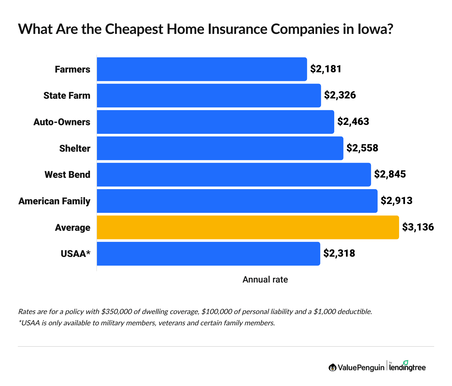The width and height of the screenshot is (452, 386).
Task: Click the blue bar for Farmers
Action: click(x=202, y=69)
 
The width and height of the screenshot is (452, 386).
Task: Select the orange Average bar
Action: click(x=248, y=227)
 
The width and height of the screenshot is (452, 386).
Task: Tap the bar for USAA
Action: click(x=208, y=254)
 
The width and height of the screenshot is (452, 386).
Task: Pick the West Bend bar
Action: click(x=234, y=175)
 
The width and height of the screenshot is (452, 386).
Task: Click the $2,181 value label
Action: click(x=326, y=69)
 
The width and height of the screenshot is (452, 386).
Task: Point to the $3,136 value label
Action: click(x=418, y=227)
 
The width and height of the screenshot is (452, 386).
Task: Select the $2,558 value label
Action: click(x=362, y=148)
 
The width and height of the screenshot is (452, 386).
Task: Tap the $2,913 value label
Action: click(x=396, y=201)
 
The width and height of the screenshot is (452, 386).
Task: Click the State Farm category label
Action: click(x=67, y=96)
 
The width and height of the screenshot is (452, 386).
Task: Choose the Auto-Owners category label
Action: click(x=62, y=122)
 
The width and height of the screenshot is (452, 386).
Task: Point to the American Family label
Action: click(x=54, y=201)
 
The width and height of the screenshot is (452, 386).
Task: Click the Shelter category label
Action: click(x=75, y=148)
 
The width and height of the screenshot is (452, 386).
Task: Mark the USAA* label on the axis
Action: click(x=75, y=254)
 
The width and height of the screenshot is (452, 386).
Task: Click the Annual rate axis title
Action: click(x=265, y=280)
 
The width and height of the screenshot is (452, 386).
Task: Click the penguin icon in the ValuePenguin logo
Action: click(x=332, y=368)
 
